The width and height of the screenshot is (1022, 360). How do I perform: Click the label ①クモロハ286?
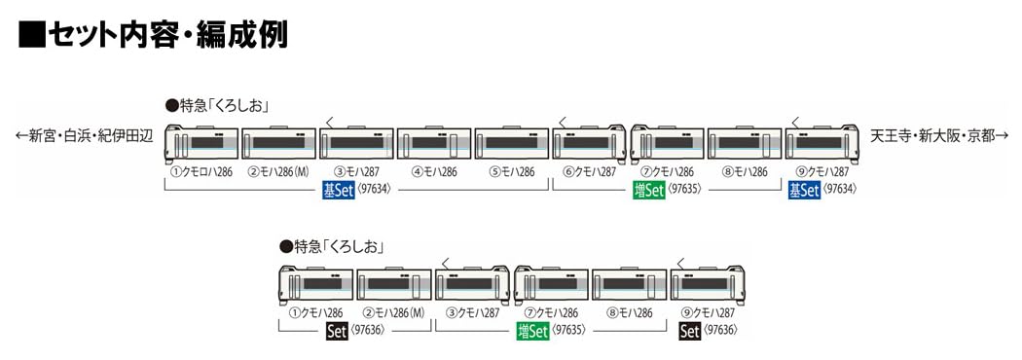[x=201, y=172]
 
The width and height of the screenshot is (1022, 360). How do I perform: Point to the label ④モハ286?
[x=433, y=172]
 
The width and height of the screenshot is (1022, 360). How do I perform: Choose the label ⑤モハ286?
[x=511, y=172]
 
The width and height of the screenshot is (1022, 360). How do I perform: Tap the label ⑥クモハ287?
[x=590, y=172]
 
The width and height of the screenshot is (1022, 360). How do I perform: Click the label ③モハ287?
[x=355, y=172]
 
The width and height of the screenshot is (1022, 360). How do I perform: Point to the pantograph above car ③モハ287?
[x=331, y=121]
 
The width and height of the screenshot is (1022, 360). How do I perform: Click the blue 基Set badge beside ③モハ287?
[x=337, y=191]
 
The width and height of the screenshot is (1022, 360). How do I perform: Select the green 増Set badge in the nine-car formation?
[x=649, y=191]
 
